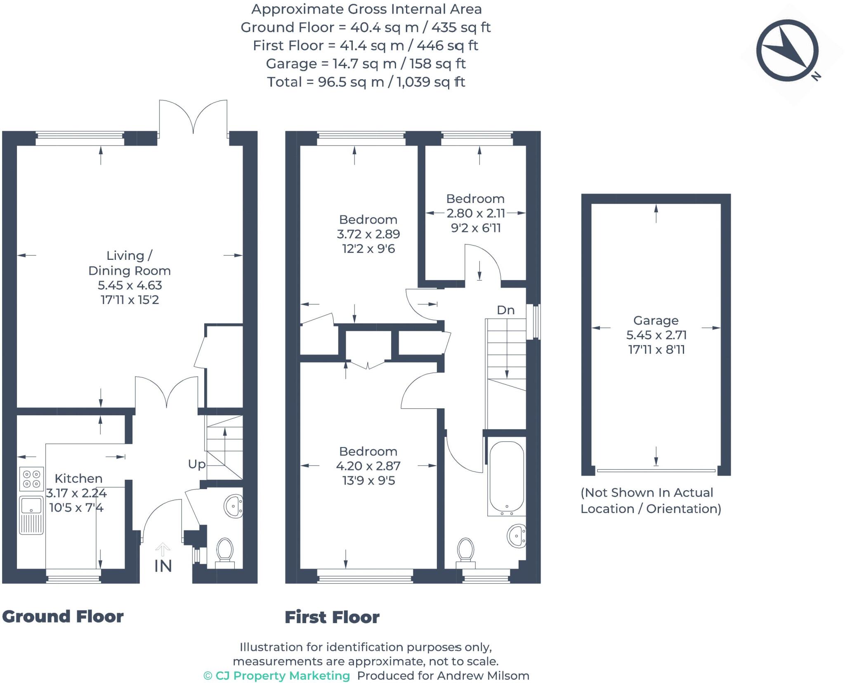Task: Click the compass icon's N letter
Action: (x=816, y=76)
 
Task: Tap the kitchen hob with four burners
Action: (x=31, y=479)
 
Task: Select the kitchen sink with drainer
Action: (x=31, y=515)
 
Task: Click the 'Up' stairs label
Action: (x=197, y=464)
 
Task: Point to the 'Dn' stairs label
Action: (x=505, y=310)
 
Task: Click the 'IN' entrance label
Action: (x=163, y=566)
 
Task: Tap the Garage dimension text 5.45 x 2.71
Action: (x=656, y=335)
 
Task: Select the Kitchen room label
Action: (x=78, y=478)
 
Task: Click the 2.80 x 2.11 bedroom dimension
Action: (x=476, y=213)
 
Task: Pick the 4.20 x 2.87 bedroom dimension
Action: (x=368, y=466)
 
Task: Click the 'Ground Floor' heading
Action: (x=63, y=617)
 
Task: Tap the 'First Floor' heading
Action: (x=332, y=617)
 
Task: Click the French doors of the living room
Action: (x=193, y=118)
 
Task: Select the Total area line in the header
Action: (x=366, y=82)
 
